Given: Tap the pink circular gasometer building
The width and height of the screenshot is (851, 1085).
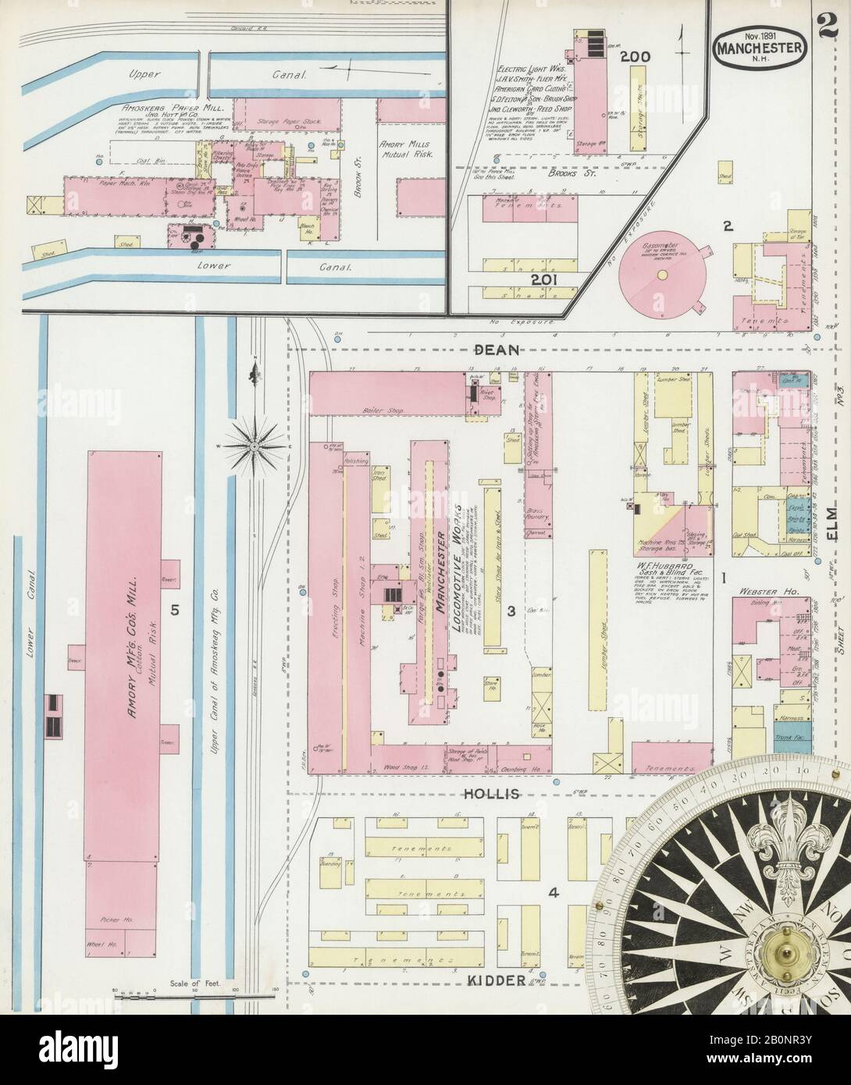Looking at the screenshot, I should click(662, 276).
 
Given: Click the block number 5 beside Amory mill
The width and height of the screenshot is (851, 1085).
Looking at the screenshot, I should click(176, 610).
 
